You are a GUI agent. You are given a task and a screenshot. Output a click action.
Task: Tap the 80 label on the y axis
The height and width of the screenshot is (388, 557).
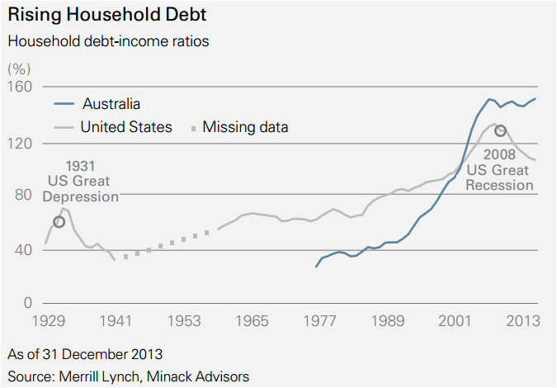click(x=23, y=195)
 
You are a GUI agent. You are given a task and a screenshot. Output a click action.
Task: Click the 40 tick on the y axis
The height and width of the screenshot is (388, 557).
click(x=23, y=250)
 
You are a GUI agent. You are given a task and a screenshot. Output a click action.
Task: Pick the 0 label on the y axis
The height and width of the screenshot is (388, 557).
click(x=26, y=303)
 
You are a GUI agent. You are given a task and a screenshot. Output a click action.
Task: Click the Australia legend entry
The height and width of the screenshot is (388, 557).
click(x=111, y=104)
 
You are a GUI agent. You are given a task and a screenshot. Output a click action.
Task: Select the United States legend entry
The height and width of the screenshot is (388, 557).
click(x=126, y=127)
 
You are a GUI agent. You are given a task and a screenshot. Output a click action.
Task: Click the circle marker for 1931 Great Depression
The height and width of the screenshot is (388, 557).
click(x=59, y=221)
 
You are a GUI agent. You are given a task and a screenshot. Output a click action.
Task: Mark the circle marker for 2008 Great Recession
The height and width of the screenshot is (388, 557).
click(x=499, y=131)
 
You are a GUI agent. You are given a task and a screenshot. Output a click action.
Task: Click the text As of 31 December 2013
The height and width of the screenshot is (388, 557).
click(x=85, y=355)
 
